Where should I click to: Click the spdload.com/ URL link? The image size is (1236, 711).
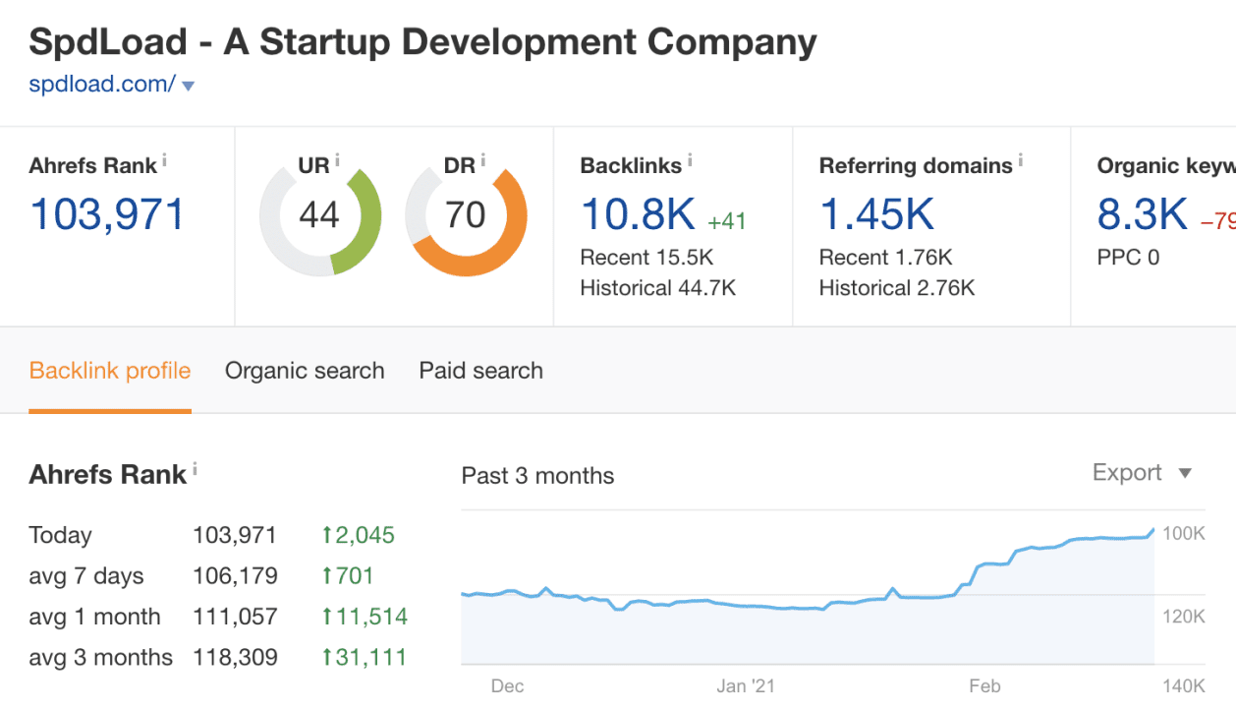click(102, 85)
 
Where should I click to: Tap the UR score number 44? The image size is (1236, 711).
click(319, 213)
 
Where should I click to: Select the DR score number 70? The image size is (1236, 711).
click(466, 213)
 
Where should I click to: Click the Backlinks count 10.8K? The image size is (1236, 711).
click(638, 214)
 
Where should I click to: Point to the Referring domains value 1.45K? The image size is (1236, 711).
click(876, 214)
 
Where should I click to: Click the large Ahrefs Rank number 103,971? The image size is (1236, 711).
click(107, 214)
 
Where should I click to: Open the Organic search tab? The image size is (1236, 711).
click(305, 371)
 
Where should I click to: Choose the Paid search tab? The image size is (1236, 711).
click(480, 371)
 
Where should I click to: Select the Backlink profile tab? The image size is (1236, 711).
click(110, 371)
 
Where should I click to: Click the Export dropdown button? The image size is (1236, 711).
click(1142, 473)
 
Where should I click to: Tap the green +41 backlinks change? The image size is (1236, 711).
click(727, 221)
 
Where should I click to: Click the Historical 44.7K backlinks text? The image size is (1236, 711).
click(657, 288)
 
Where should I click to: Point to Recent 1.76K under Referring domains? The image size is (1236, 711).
click(885, 258)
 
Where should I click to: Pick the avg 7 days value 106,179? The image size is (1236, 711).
click(235, 576)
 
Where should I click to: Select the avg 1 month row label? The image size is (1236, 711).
click(95, 618)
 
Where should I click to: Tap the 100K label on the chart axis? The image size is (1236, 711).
click(1183, 534)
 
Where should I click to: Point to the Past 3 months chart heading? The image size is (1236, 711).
click(537, 476)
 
